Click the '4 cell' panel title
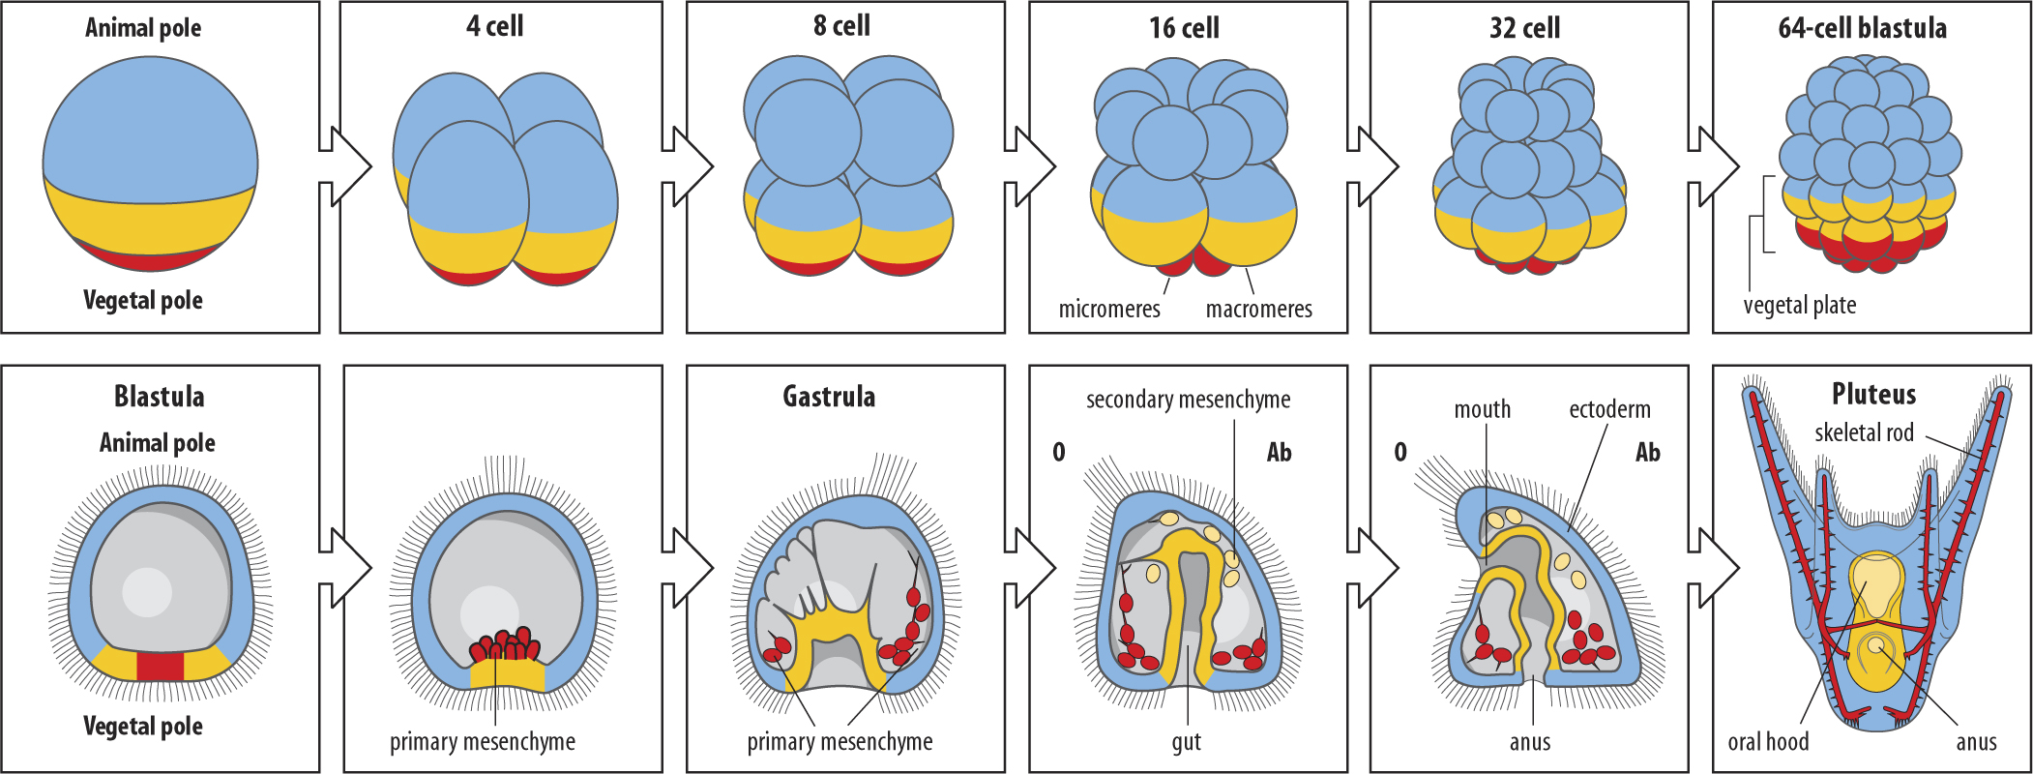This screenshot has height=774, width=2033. (494, 26)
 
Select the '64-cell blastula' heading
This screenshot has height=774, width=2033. (1862, 28)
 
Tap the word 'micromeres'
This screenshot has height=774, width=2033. (1109, 309)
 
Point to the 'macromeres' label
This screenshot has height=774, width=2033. (1258, 309)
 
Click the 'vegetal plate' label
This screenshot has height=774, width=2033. (1800, 306)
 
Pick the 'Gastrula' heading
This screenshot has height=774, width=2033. (829, 397)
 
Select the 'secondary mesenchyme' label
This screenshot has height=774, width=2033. (1188, 400)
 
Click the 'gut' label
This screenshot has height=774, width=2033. (1187, 743)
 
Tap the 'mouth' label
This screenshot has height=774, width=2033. (1482, 409)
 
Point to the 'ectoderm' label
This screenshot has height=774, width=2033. (1609, 409)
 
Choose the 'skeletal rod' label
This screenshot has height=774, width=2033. (1864, 432)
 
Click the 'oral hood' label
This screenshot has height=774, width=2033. (1768, 742)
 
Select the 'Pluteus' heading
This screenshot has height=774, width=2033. (1873, 394)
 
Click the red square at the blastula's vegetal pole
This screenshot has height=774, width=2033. (160, 667)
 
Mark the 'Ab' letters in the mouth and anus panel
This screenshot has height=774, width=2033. (1647, 452)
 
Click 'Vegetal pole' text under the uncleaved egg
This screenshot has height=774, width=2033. (143, 300)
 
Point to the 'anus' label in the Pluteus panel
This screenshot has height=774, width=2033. (1976, 742)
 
